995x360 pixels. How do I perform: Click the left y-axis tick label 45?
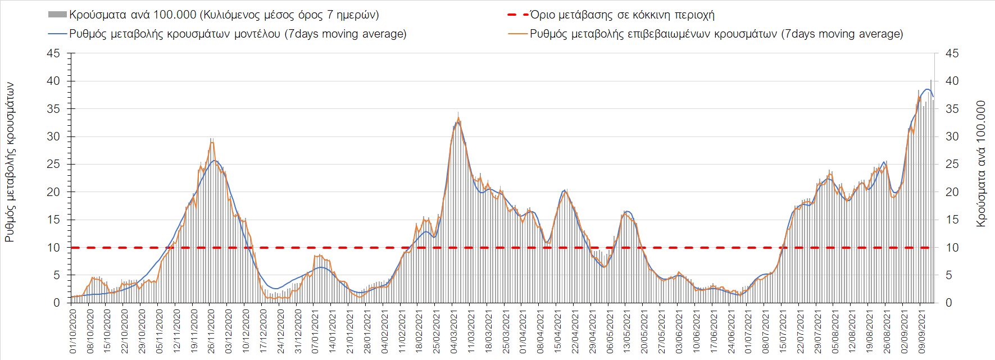tap(53, 53)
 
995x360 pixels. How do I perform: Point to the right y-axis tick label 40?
tap(952, 81)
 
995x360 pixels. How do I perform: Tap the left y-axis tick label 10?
tap(53, 248)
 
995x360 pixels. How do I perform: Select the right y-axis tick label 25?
tap(952, 164)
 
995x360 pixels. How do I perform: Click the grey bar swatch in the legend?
tap(58, 15)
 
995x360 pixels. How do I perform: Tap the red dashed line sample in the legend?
tap(517, 15)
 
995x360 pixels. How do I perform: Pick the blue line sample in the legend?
tap(58, 34)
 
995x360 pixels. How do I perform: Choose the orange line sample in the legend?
tap(517, 34)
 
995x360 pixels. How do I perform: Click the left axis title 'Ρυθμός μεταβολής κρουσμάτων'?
tap(10, 162)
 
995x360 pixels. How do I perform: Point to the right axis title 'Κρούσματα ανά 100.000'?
tap(981, 163)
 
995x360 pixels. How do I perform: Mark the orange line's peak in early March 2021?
tap(459, 119)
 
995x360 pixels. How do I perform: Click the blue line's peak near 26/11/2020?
tap(215, 161)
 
